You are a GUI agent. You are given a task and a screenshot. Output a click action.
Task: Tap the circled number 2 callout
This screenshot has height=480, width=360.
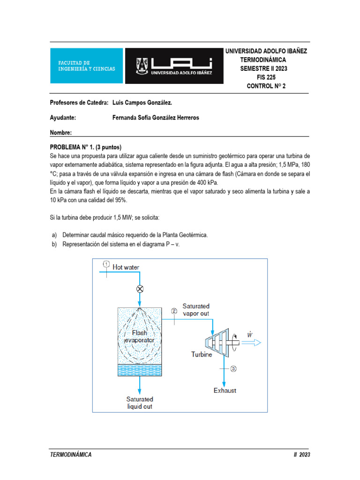click(174, 311)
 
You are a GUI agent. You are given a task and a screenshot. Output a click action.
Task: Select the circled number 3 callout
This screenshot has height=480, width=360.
click(233, 368)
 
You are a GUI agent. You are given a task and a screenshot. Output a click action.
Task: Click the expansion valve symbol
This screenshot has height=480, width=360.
click(139, 288)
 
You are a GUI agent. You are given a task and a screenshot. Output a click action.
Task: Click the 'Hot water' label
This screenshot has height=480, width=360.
click(126, 267)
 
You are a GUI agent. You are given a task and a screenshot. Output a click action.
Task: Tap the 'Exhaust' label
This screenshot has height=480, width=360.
click(225, 390)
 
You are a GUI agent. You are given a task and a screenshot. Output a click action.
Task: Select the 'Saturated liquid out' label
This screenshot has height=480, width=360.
click(140, 403)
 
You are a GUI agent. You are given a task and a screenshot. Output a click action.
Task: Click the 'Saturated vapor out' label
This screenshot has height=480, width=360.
click(196, 310)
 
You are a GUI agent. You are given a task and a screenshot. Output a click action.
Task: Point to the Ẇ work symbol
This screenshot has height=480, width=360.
click(249, 334)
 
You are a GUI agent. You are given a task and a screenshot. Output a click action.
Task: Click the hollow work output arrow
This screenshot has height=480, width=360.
click(252, 343)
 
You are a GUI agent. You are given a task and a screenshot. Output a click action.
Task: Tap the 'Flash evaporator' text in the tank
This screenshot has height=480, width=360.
click(139, 336)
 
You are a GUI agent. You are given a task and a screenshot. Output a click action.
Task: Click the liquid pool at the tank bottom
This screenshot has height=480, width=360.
click(139, 370)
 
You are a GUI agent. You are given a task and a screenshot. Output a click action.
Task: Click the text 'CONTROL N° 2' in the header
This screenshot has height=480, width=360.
click(266, 86)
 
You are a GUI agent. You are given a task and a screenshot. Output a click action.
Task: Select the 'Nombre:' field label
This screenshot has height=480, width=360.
click(60, 133)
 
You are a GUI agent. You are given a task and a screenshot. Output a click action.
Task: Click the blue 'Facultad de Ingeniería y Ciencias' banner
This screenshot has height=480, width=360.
click(86, 66)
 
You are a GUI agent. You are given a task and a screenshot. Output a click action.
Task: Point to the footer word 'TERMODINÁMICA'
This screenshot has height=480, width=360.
click(71, 454)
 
